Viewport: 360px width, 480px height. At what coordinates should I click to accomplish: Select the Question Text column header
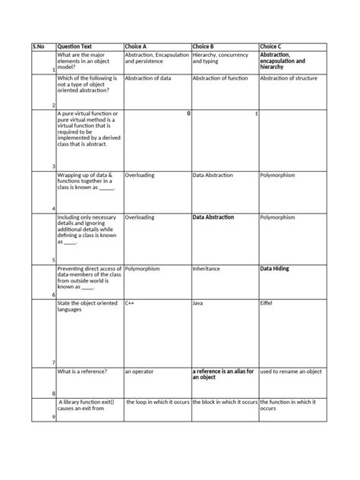tap(74, 46)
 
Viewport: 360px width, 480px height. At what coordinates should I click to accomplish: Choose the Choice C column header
tap(272, 46)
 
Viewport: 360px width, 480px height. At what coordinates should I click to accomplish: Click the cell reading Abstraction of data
tap(148, 78)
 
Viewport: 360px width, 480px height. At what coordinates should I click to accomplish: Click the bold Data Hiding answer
tap(274, 269)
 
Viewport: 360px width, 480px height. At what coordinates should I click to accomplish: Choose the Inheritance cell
tap(207, 269)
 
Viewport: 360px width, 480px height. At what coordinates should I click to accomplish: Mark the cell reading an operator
tap(139, 371)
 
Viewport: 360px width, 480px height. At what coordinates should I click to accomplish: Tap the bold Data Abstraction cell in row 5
tap(213, 217)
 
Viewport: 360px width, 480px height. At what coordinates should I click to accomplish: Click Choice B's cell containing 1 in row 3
tap(256, 113)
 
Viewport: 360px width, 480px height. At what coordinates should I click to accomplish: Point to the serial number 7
tap(52, 362)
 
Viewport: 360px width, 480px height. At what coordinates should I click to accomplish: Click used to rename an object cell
tap(291, 371)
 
